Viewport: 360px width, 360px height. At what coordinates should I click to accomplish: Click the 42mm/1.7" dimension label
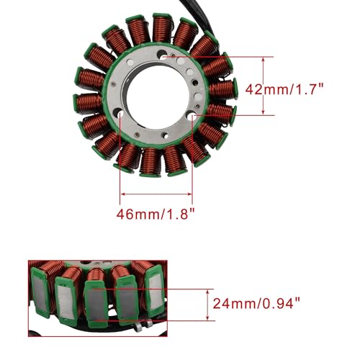284,89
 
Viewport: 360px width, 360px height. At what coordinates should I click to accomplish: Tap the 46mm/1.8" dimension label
156,214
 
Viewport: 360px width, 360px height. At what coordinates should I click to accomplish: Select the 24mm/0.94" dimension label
256,303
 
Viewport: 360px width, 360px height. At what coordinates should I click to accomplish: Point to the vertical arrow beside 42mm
264,86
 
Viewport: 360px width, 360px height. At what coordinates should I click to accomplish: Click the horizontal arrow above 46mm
157,194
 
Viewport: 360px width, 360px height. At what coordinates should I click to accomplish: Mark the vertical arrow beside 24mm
208,305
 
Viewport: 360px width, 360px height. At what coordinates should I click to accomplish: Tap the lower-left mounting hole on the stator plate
120,113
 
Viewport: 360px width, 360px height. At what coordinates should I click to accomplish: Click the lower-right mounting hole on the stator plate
192,117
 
